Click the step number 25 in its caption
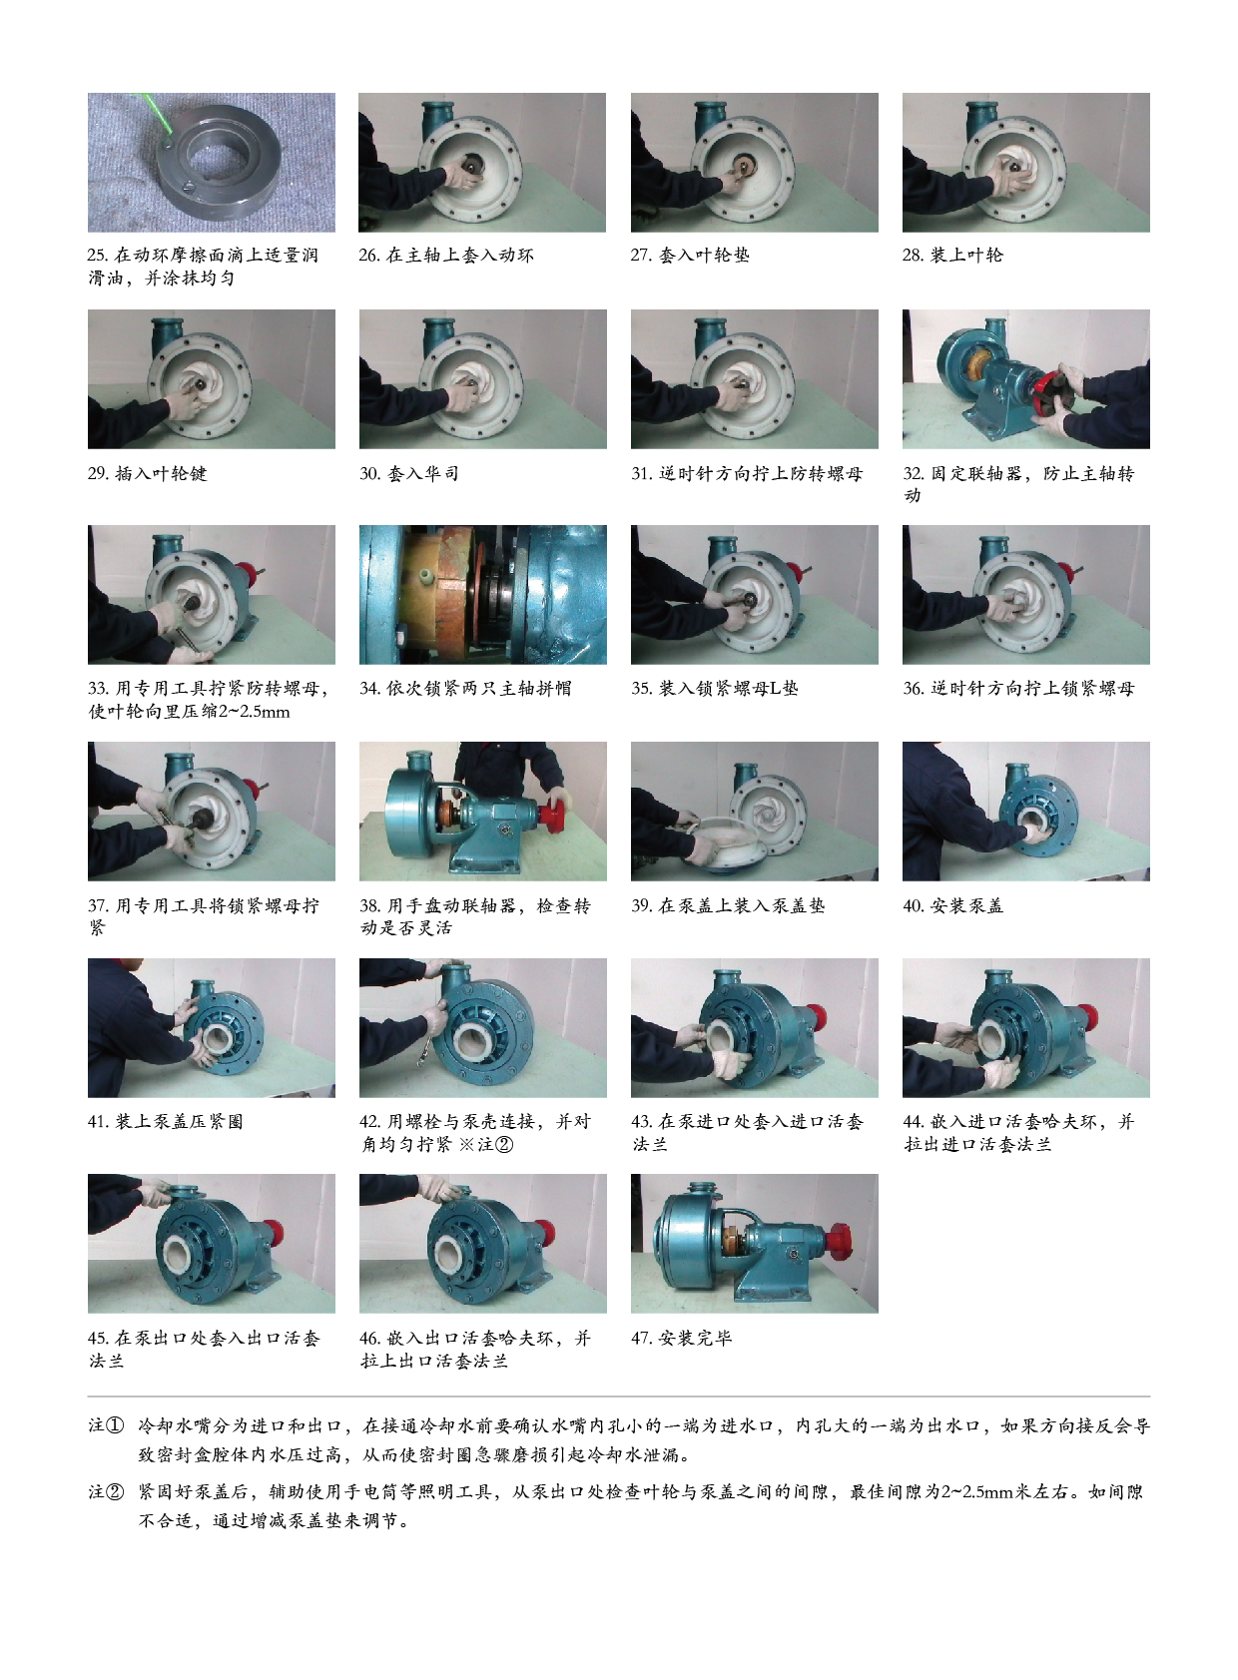[x=98, y=256]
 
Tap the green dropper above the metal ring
[x=155, y=116]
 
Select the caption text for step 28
[x=952, y=256]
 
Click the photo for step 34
[x=482, y=595]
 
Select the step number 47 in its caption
[x=641, y=1338]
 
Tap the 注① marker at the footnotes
[x=106, y=1425]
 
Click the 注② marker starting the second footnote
[x=106, y=1491]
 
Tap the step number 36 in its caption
[x=914, y=689]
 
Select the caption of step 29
[x=147, y=473]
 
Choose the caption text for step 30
[x=409, y=473]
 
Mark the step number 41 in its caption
[x=98, y=1122]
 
